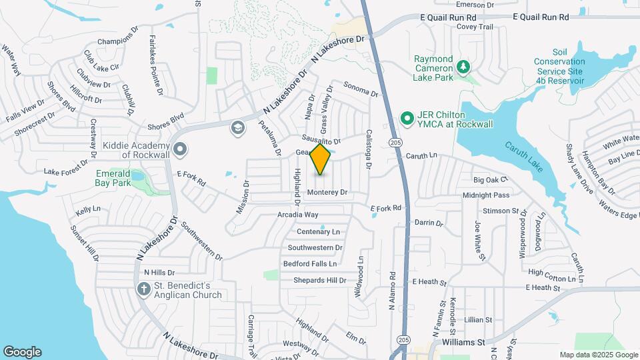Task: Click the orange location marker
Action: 321,159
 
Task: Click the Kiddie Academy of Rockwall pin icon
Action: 179,149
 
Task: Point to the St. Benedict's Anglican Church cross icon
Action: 143,289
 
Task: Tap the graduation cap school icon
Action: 237,127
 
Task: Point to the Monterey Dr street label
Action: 327,192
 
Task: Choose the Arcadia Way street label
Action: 298,215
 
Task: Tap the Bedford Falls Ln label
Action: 310,264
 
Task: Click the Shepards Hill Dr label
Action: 320,281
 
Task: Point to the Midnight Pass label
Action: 486,195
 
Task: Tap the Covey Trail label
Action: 475,27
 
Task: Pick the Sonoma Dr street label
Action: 361,87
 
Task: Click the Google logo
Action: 22,352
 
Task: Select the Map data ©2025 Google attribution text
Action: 597,355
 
